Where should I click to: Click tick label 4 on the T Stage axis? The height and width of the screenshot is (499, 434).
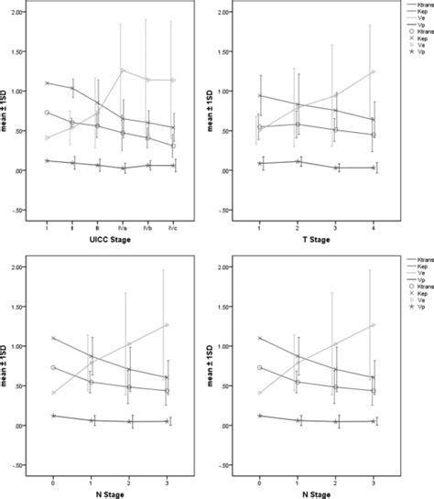(x=373, y=225)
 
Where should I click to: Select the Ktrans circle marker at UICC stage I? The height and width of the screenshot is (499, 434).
(x=47, y=113)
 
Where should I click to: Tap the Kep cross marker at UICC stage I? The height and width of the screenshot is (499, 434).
(x=47, y=83)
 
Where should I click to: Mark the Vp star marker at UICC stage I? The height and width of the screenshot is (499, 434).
(x=47, y=160)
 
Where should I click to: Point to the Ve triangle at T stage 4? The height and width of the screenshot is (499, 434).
(x=373, y=72)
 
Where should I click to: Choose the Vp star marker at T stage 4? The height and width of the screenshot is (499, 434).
(x=373, y=168)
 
